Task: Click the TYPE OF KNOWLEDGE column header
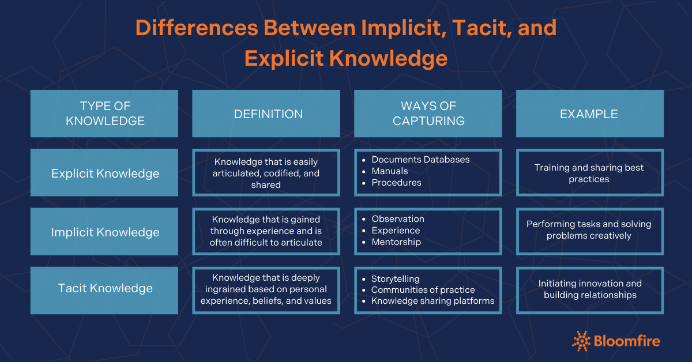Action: [x=104, y=114]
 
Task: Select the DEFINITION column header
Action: [x=268, y=114]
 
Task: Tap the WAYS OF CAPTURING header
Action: [x=428, y=114]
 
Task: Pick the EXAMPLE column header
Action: [x=589, y=114]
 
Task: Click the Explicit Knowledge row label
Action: [x=104, y=173]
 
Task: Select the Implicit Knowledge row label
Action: [x=104, y=232]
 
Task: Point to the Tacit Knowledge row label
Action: [x=104, y=288]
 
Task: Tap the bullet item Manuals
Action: [x=389, y=171]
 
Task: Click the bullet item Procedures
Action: [x=396, y=183]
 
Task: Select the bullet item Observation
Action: [x=397, y=219]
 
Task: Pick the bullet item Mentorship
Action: [x=396, y=242]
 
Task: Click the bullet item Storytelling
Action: [x=395, y=279]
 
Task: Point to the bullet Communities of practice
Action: [x=423, y=290]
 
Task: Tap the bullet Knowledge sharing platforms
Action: [x=432, y=301]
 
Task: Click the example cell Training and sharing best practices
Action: [x=589, y=173]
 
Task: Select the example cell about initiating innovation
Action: [x=589, y=289]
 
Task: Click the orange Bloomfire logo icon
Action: [x=581, y=341]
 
